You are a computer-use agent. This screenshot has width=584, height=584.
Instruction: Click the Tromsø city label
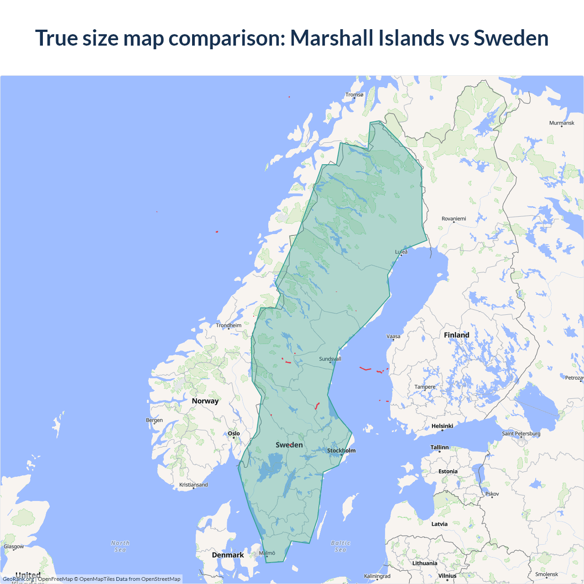click(x=355, y=95)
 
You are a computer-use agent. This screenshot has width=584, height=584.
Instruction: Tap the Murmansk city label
click(x=562, y=123)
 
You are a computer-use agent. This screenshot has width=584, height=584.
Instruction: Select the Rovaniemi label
click(x=454, y=219)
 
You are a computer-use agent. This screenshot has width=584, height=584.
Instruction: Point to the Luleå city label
click(x=401, y=252)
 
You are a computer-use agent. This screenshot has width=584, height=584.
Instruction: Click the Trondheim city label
click(x=229, y=326)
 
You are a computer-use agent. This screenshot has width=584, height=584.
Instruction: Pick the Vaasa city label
click(x=393, y=337)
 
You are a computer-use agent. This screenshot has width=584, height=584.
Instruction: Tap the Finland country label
click(x=456, y=335)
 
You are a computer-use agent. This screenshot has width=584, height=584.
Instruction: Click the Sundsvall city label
click(x=330, y=359)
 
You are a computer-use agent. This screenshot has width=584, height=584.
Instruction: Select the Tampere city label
click(x=425, y=387)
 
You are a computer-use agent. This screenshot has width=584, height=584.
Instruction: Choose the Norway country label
click(x=205, y=401)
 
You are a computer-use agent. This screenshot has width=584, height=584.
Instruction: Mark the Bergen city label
click(x=154, y=420)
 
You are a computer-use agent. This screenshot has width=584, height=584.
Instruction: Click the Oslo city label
click(x=234, y=434)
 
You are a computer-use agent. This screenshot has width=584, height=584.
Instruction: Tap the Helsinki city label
click(x=442, y=426)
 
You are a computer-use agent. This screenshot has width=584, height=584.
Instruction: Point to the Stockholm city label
click(x=341, y=451)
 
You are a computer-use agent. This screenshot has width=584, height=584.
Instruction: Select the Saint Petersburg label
click(x=521, y=433)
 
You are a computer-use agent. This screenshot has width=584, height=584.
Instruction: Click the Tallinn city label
click(x=439, y=448)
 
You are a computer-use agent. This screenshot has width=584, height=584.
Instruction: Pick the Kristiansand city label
click(x=193, y=485)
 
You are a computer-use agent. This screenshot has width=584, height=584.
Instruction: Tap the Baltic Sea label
click(x=340, y=546)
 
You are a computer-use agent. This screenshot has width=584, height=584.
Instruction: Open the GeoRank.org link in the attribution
click(x=18, y=579)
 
